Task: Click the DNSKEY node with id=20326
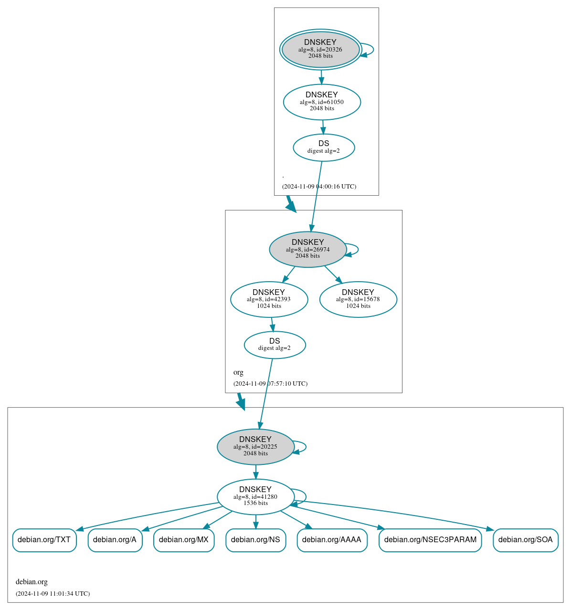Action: pos(320,49)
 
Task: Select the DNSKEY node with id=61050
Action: pos(322,102)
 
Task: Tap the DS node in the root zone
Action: pos(324,147)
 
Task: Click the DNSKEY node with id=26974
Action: pos(307,249)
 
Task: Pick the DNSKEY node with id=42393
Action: pos(269,299)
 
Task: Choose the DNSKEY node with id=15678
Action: pos(358,299)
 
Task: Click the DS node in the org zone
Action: pos(275,345)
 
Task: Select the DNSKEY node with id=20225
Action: pos(255,447)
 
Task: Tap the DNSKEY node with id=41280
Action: pos(255,496)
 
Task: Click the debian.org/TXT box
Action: pos(44,540)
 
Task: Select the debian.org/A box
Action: pos(115,540)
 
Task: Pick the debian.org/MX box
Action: pos(184,540)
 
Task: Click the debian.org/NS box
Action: pos(255,540)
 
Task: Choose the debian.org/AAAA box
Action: pos(332,540)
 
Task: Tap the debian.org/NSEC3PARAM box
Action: pos(430,540)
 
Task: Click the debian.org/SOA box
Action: pos(525,540)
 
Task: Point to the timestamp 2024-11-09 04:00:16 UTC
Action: pos(319,187)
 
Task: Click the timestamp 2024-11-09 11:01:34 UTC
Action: pos(53,594)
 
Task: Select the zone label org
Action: pos(238,372)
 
